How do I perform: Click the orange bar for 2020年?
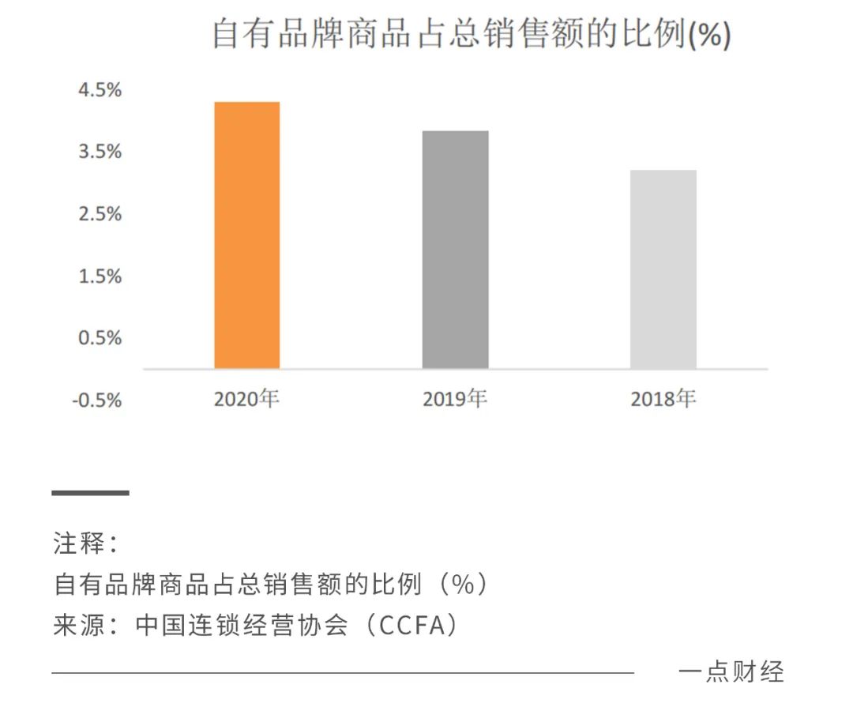246,235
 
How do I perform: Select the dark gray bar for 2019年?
455,250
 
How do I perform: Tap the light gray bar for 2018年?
663,269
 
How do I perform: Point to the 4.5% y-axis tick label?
100,90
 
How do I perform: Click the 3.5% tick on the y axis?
100,152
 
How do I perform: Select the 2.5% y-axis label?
100,214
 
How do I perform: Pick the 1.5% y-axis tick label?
100,276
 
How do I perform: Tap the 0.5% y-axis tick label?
100,338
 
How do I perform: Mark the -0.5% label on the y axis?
96,401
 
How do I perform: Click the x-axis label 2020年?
246,399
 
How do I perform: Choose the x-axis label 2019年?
455,399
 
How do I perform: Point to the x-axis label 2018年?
663,399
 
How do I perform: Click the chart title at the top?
471,36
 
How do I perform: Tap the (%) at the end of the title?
709,36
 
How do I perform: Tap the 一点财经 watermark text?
731,672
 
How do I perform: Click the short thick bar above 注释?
90,493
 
